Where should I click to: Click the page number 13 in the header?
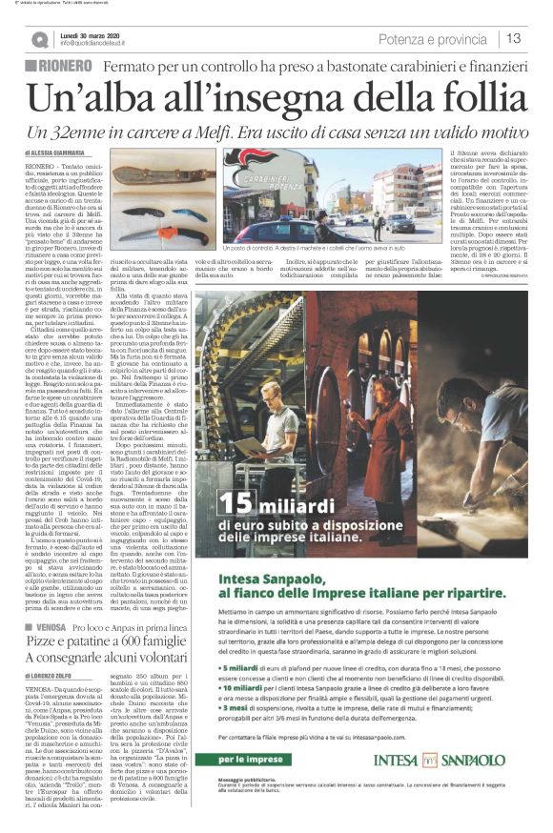click(515, 38)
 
